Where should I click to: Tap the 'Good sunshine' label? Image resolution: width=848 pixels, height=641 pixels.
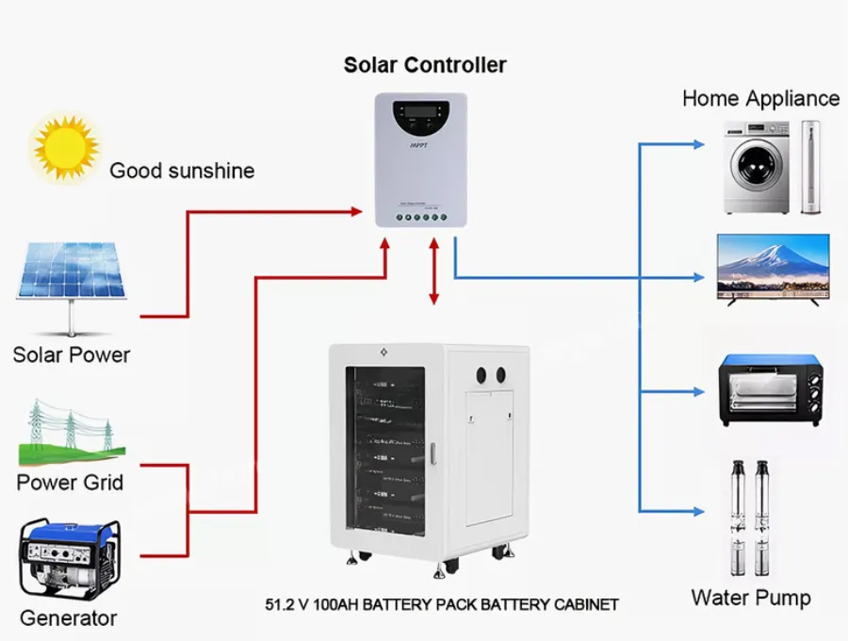(x=182, y=171)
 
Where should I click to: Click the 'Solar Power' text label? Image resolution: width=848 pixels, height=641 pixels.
(x=72, y=355)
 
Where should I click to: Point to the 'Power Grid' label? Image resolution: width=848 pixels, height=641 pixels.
(x=70, y=483)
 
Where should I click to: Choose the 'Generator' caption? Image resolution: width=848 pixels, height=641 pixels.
(x=69, y=618)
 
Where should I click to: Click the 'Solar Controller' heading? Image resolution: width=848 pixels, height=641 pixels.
(x=425, y=65)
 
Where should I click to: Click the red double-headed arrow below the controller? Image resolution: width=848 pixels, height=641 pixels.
(x=433, y=271)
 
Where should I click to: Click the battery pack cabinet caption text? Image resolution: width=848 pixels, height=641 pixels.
(x=442, y=604)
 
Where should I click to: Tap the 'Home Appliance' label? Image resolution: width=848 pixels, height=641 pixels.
(x=760, y=98)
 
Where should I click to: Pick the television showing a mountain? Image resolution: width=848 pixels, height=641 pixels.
(x=774, y=267)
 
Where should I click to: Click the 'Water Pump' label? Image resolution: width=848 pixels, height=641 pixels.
(x=750, y=598)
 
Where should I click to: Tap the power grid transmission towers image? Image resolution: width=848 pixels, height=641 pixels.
(x=72, y=433)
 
